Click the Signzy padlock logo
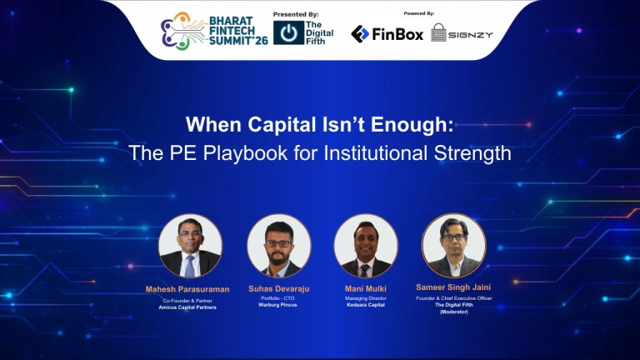(x=438, y=33)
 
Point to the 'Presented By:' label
(x=296, y=14)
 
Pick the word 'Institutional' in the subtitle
(x=392, y=153)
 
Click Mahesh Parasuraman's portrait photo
(x=190, y=247)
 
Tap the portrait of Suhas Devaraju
(x=279, y=247)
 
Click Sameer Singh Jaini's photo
(x=454, y=246)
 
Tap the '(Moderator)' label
(x=454, y=312)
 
